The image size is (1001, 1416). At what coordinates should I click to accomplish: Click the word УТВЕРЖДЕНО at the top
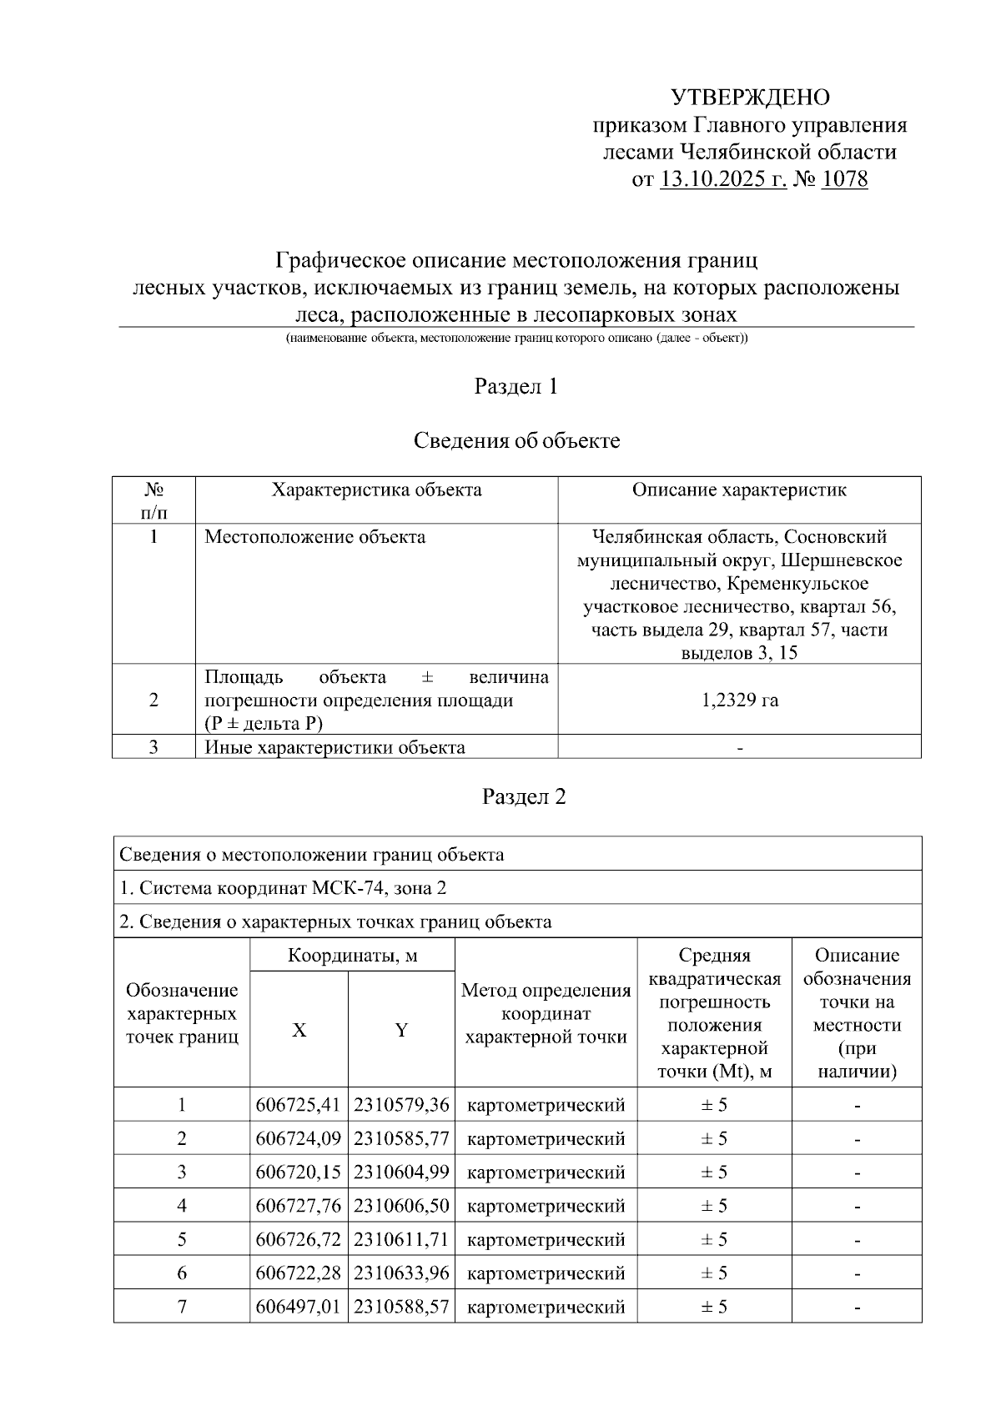pyautogui.click(x=750, y=98)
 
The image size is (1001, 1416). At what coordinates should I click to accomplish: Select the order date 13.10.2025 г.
pyautogui.click(x=722, y=179)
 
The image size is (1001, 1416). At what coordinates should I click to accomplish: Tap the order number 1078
pyautogui.click(x=844, y=179)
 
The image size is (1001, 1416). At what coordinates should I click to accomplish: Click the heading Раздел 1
pyautogui.click(x=516, y=387)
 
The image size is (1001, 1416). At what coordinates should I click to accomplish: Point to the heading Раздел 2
pyautogui.click(x=524, y=797)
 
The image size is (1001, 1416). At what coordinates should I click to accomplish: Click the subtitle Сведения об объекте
pyautogui.click(x=516, y=441)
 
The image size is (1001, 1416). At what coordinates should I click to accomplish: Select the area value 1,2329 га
pyautogui.click(x=740, y=700)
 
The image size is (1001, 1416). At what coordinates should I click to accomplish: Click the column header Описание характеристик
pyautogui.click(x=739, y=490)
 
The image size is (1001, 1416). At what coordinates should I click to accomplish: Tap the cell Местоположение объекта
pyautogui.click(x=315, y=537)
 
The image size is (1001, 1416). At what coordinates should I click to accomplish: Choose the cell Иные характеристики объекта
pyautogui.click(x=335, y=747)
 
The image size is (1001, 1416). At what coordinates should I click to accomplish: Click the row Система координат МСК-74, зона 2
pyautogui.click(x=283, y=888)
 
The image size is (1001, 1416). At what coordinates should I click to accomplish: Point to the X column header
pyautogui.click(x=299, y=1031)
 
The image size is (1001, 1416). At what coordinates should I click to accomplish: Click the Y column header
pyautogui.click(x=401, y=1031)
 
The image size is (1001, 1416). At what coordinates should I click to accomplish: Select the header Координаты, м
pyautogui.click(x=352, y=956)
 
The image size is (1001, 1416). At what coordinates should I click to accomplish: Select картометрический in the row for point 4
pyautogui.click(x=546, y=1207)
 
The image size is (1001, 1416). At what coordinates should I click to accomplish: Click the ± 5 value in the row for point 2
pyautogui.click(x=714, y=1139)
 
